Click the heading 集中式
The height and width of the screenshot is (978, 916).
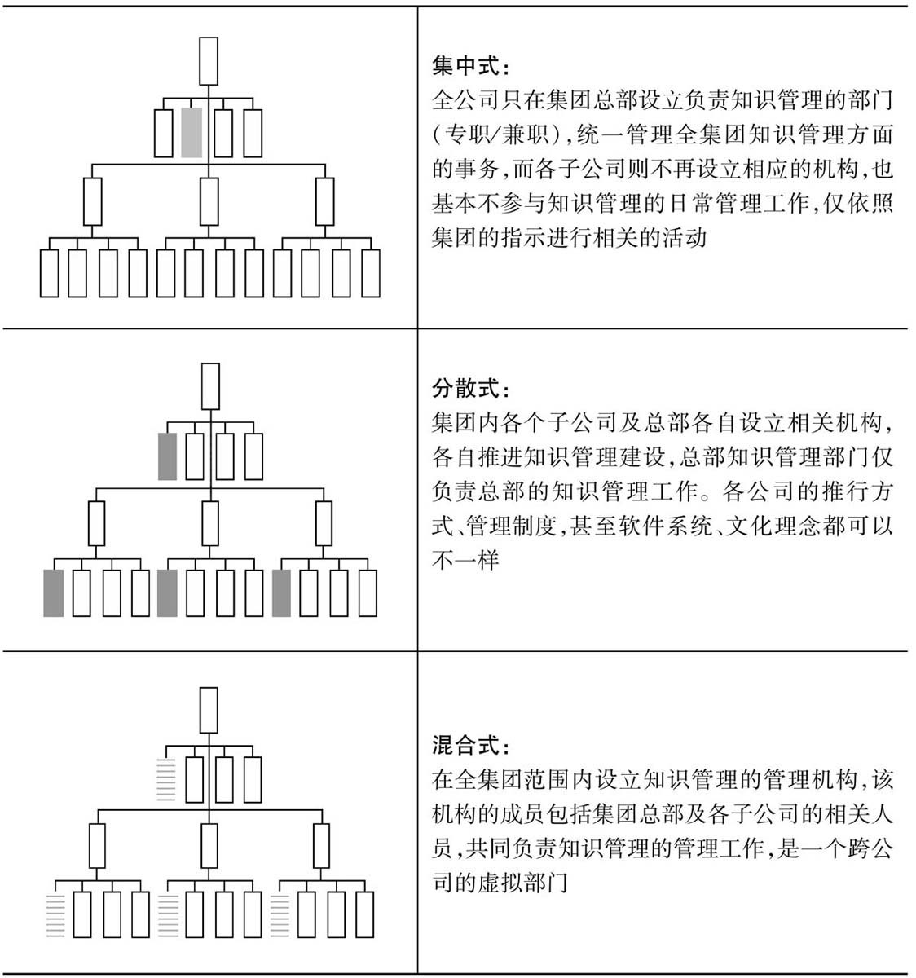pyautogui.click(x=465, y=66)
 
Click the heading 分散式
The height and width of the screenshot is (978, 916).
pyautogui.click(x=465, y=389)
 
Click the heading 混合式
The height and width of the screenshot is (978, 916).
pyautogui.click(x=465, y=745)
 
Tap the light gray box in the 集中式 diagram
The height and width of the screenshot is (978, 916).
pyautogui.click(x=192, y=133)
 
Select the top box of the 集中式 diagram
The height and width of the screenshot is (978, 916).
pyautogui.click(x=209, y=62)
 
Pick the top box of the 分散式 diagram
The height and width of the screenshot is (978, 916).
pyautogui.click(x=211, y=386)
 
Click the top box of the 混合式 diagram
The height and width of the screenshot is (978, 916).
pyautogui.click(x=209, y=711)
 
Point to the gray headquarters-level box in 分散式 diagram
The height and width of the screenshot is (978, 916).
pyautogui.click(x=167, y=456)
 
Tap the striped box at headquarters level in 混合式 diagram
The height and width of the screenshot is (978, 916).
pyautogui.click(x=166, y=779)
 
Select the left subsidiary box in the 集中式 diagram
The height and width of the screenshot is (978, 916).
pyautogui.click(x=93, y=202)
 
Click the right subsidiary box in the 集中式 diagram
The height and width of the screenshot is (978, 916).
pyautogui.click(x=325, y=202)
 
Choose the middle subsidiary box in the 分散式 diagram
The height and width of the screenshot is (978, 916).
pyautogui.click(x=210, y=523)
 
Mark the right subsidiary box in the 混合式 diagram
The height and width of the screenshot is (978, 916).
pyautogui.click(x=322, y=846)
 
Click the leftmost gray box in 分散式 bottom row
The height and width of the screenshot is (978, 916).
pyautogui.click(x=54, y=593)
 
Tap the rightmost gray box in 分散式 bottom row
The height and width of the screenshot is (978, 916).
pyautogui.click(x=282, y=593)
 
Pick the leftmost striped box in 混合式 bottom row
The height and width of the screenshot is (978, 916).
pyautogui.click(x=55, y=916)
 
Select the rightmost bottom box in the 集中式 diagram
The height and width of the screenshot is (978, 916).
pyautogui.click(x=371, y=273)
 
